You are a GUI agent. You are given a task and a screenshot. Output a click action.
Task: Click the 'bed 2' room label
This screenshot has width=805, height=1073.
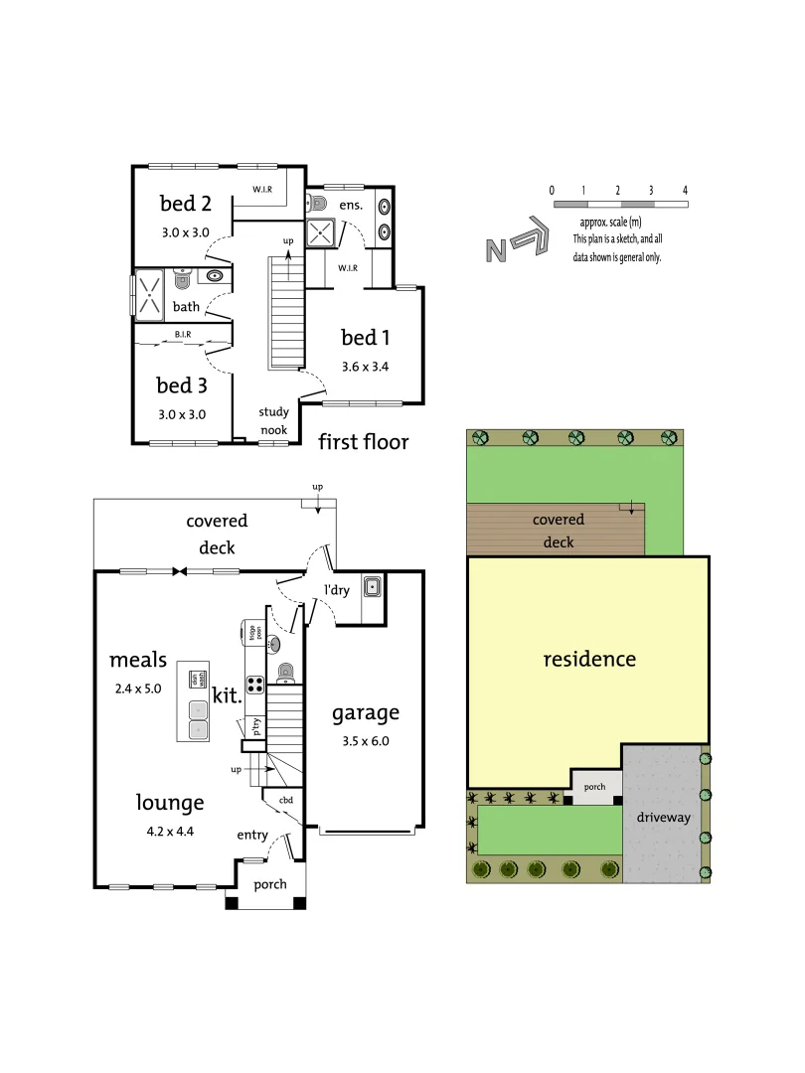coord(186,204)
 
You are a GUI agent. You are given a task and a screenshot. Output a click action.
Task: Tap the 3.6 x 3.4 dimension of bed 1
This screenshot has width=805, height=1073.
coord(365,366)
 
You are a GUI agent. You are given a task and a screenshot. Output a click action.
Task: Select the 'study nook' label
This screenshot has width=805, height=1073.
coord(273,420)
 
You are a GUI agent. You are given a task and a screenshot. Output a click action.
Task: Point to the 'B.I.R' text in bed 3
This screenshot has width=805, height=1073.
coord(183,335)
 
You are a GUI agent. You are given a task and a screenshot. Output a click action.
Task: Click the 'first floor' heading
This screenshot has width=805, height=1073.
coord(363,442)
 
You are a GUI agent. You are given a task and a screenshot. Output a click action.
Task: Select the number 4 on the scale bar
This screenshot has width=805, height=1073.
coord(685,189)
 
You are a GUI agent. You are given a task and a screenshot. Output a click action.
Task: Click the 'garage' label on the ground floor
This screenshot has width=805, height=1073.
coord(365,711)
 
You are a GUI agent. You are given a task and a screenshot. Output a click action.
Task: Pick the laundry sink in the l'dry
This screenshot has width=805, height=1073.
coord(372,587)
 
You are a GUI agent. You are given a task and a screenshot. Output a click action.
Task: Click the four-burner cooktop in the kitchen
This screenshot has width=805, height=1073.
coord(254,684)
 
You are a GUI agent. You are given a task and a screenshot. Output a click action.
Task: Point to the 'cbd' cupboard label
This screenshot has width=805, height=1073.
coord(285,800)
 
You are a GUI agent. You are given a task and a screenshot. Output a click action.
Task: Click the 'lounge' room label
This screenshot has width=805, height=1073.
coord(170,802)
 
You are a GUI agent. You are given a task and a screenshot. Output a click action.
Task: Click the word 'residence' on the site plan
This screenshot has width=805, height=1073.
coord(589,659)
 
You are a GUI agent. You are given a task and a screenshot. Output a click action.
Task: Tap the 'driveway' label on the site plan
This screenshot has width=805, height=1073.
coord(664,817)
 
